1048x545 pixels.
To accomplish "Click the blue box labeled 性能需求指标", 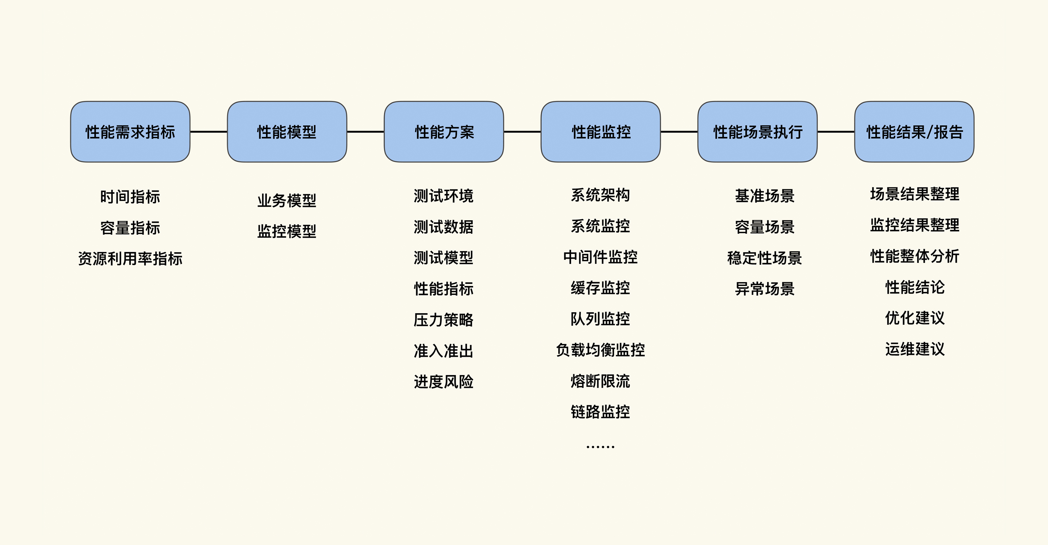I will click(x=130, y=132).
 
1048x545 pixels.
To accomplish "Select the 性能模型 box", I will click(x=287, y=132).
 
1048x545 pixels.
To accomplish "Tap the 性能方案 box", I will click(x=444, y=132).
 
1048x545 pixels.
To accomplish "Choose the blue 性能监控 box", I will click(x=601, y=132).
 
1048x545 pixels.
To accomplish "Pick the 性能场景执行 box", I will click(x=757, y=132).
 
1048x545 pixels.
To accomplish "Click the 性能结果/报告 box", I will click(x=914, y=132).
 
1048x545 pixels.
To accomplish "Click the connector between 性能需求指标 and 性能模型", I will click(x=209, y=132).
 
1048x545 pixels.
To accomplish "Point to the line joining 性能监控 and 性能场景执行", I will click(x=679, y=132).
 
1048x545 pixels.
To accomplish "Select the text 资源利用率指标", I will click(x=130, y=259).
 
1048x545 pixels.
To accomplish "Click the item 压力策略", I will click(x=443, y=320).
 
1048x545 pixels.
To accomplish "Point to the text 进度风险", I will click(x=443, y=382).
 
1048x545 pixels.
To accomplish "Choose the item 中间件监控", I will click(x=601, y=257).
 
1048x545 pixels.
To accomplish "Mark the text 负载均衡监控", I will click(x=601, y=350).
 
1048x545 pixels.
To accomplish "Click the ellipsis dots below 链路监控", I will click(x=601, y=447).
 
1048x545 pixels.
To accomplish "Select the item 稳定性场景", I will click(x=764, y=258).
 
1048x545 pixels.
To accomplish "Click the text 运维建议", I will click(x=915, y=349).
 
